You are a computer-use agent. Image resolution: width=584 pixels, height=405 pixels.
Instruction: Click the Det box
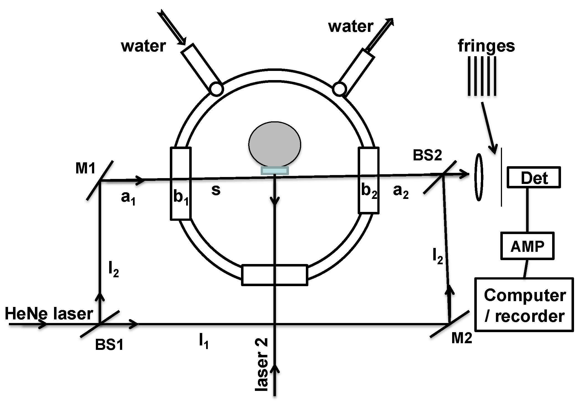(x=534, y=177)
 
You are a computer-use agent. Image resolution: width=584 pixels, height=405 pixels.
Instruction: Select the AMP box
(x=527, y=246)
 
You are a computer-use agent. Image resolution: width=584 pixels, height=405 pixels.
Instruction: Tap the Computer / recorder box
(x=524, y=304)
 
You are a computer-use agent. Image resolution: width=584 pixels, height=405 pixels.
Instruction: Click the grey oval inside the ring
(x=275, y=144)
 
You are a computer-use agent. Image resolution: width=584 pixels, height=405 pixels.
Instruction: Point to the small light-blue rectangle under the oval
(x=275, y=170)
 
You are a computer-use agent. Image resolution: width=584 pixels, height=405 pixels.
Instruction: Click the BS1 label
(x=109, y=345)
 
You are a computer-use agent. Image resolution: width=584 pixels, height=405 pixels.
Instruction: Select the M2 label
(x=462, y=338)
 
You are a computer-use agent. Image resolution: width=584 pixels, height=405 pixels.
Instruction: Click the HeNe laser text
(x=49, y=314)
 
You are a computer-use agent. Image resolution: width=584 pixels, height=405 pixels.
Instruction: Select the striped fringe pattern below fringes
(x=482, y=76)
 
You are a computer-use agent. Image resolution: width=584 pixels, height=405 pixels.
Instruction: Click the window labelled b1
(x=181, y=183)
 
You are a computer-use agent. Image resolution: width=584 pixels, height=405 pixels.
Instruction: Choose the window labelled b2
(x=368, y=180)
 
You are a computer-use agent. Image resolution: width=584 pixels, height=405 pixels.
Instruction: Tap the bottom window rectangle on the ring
(x=275, y=275)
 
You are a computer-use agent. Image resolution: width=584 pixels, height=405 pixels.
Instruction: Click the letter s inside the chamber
(x=216, y=190)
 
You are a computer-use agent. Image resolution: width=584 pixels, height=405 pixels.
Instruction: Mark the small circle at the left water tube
(x=216, y=89)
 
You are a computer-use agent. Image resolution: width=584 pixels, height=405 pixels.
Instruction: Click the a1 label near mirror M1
(x=128, y=198)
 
